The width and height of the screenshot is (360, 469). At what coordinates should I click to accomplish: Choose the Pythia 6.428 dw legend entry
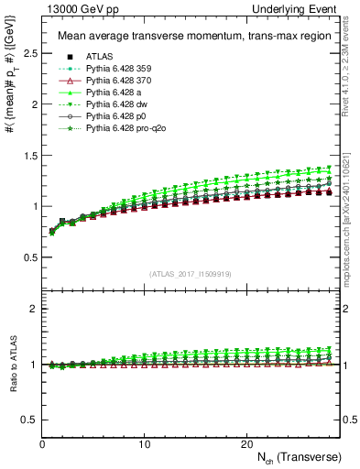coord(114,105)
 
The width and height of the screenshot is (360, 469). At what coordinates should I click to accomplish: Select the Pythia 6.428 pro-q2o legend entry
coord(122,130)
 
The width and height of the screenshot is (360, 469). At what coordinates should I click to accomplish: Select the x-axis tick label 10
coord(145,443)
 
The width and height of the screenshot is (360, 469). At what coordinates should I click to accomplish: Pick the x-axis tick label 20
coord(246,443)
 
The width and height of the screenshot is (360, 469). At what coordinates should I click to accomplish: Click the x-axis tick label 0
coord(42,443)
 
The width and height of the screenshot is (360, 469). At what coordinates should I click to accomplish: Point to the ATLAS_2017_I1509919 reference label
coord(191,274)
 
